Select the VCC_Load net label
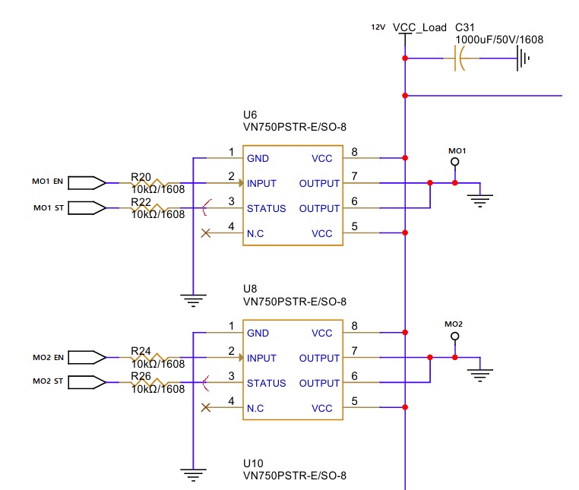tap(419, 27)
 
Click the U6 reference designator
tap(250, 115)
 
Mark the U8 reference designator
tap(250, 289)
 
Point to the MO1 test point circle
tap(455, 162)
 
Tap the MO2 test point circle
tap(455, 336)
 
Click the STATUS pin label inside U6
tap(266, 208)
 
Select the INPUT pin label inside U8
tap(262, 358)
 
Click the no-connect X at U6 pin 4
tap(205, 233)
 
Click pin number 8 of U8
tap(354, 327)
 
